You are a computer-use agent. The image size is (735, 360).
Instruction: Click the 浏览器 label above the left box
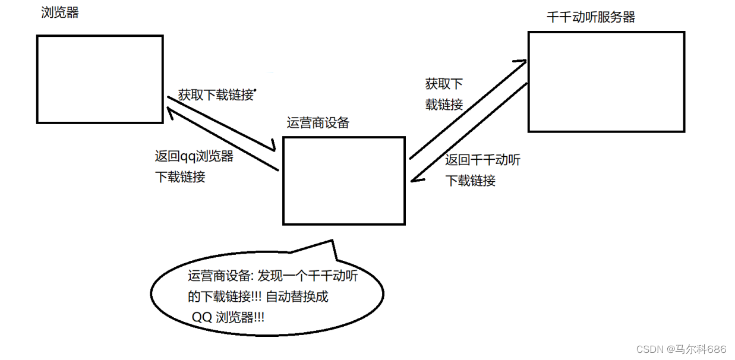click(60, 12)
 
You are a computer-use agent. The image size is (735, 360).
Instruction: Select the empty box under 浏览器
click(100, 79)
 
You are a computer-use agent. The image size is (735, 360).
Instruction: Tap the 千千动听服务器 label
click(591, 17)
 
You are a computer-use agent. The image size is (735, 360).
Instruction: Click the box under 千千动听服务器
click(606, 81)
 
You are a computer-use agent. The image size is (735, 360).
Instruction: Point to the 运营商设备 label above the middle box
click(318, 123)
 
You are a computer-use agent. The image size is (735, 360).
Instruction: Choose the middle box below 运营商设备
click(344, 181)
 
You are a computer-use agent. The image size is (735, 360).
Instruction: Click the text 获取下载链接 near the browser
click(216, 95)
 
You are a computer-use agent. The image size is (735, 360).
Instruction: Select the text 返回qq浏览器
click(194, 157)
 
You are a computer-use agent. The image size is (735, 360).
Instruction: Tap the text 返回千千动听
click(482, 160)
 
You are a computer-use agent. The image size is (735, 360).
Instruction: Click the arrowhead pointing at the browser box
click(171, 112)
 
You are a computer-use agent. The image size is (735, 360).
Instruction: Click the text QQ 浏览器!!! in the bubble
click(228, 317)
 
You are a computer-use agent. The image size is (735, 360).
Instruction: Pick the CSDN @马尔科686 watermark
click(682, 349)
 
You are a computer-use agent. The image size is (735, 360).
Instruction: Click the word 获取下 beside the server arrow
click(444, 84)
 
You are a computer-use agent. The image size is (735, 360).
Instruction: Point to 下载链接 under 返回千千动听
click(470, 181)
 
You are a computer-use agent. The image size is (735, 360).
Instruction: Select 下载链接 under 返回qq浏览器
click(180, 177)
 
